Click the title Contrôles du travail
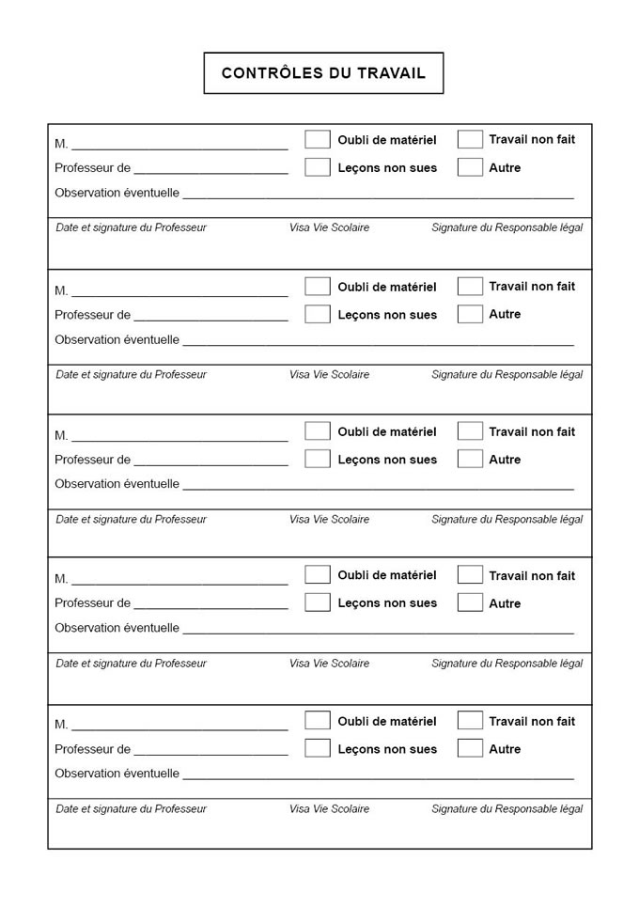point(323,73)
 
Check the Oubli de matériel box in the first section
point(318,139)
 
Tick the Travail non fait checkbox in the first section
point(470,139)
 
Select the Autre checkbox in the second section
point(470,314)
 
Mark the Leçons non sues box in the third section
point(318,459)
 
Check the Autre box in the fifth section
point(470,748)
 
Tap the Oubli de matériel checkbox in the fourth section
point(318,574)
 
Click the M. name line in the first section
point(179,146)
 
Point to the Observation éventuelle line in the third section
point(378,487)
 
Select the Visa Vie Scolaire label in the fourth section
point(329,664)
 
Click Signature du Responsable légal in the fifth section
point(507,809)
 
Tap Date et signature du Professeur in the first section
point(131,227)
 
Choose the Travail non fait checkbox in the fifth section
point(470,720)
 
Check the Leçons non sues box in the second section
point(318,314)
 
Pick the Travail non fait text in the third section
point(532,431)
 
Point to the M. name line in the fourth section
point(179,582)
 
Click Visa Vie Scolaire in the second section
point(329,375)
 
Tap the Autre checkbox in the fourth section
point(470,602)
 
